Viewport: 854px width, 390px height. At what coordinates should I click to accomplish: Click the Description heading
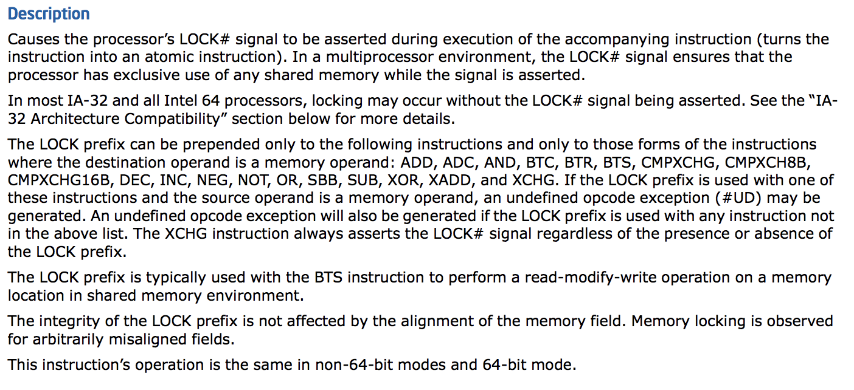[49, 14]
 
